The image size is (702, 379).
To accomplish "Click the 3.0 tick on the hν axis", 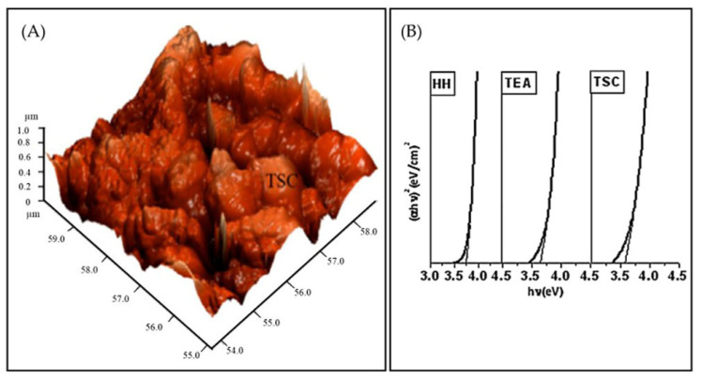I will click(430, 277).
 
